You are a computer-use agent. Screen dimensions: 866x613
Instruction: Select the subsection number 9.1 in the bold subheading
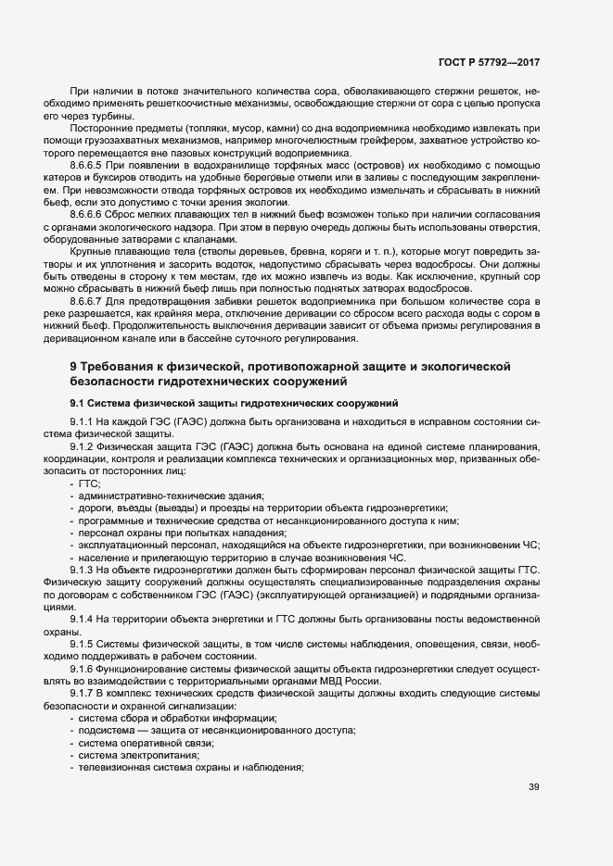click(x=78, y=404)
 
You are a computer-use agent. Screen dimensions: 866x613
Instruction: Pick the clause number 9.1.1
click(x=85, y=422)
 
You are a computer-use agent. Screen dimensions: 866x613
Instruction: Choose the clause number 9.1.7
click(x=85, y=693)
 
